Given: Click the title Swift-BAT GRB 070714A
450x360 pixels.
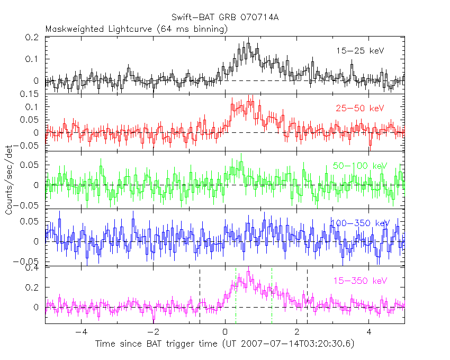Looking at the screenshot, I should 225,17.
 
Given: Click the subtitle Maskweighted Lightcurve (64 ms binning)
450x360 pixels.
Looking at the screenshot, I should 137,29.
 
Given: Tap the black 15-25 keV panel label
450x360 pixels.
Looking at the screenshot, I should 359,51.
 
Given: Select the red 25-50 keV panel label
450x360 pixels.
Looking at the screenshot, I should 359,108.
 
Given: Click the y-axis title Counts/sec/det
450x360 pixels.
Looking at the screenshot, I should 10,181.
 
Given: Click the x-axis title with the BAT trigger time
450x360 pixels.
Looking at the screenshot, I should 225,344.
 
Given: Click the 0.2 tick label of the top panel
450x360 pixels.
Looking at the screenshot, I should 33,38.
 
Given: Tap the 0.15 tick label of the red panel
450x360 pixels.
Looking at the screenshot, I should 31,95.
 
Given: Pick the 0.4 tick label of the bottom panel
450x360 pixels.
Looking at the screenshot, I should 33,268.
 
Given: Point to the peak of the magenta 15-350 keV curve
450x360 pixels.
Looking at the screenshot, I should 248,273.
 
